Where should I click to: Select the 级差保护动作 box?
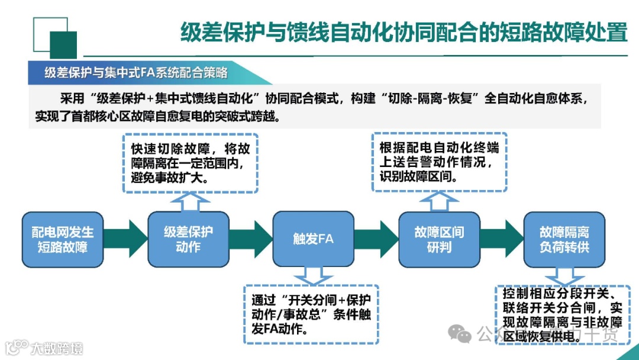188,239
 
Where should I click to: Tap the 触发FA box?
314,239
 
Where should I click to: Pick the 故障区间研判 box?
438,239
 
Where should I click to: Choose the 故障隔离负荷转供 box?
564,239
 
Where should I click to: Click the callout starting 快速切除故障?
190,162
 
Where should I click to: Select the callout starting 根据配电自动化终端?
438,161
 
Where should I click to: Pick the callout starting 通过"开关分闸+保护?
311,314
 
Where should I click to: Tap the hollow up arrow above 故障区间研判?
439,201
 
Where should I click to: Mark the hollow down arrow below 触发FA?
314,275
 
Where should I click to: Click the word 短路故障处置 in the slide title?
562,33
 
